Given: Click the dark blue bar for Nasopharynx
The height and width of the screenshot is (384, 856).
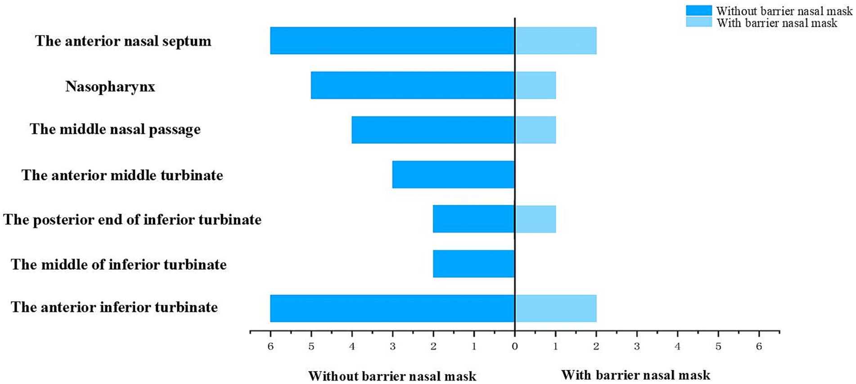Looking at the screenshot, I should (x=413, y=85).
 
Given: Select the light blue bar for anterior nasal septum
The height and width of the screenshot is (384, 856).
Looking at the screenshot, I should (x=555, y=41).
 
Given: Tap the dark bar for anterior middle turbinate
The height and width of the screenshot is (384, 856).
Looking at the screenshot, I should (x=453, y=174).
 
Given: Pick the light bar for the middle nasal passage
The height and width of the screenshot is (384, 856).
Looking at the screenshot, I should (x=535, y=130).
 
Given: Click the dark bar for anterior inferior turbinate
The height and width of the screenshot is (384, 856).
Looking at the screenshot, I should (x=392, y=308).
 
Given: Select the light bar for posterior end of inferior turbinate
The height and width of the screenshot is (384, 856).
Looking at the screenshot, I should (x=535, y=219).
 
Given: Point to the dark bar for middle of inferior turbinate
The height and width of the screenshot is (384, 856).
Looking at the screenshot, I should (x=473, y=263).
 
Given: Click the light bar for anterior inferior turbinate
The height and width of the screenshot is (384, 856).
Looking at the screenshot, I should (x=555, y=308).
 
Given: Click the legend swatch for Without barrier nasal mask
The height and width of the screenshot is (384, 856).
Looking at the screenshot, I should (x=698, y=10).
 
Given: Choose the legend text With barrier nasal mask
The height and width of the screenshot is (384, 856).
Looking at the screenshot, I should (x=777, y=23).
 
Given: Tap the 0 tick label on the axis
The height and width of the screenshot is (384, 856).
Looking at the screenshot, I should (x=515, y=347).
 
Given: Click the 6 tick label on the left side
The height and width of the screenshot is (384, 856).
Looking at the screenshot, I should (x=270, y=347).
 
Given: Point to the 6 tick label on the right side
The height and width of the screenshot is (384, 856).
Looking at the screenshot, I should (x=759, y=347).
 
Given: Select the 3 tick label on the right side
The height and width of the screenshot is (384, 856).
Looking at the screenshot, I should (x=637, y=347).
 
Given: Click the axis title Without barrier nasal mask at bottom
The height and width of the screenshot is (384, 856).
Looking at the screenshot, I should (x=392, y=376).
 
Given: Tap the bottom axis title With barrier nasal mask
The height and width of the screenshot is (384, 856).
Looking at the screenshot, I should (x=635, y=375).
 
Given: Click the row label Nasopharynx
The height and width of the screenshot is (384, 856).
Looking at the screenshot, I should (x=110, y=86).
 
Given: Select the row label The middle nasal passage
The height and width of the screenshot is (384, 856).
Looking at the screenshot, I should (x=115, y=130).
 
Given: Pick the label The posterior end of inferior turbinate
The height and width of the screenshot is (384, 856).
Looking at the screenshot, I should (x=132, y=220).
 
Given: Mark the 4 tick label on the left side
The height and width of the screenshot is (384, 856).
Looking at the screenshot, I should (x=351, y=347).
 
